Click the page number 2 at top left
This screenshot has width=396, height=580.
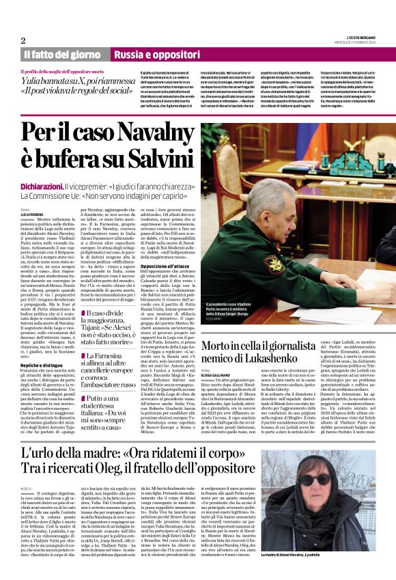pyautogui.click(x=23, y=40)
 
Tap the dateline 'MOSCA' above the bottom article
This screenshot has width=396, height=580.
pyautogui.click(x=27, y=489)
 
